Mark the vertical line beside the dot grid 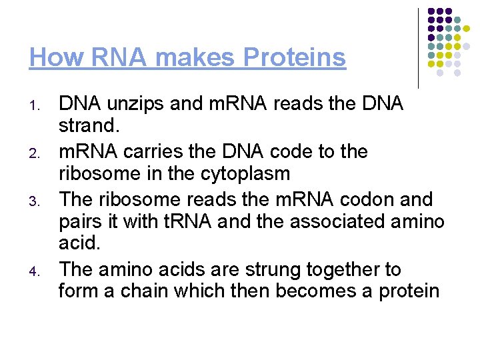[x=418, y=48]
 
